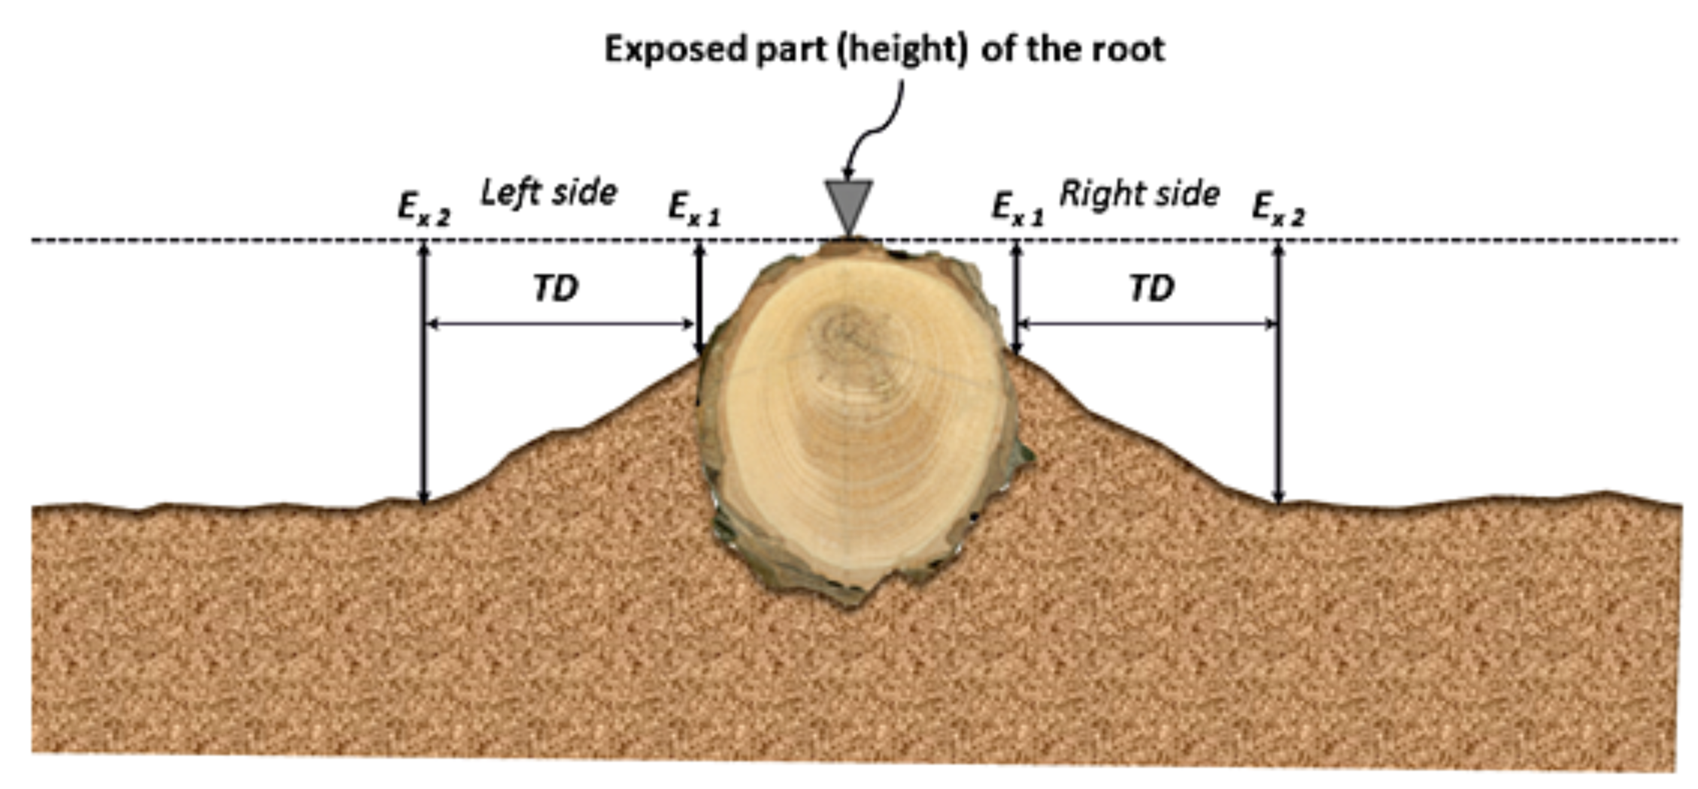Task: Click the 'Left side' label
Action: coord(549,193)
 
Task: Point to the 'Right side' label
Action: coord(1139,194)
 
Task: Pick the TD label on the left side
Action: coord(556,289)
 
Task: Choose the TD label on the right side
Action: coord(1151,289)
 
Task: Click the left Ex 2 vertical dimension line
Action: coord(424,376)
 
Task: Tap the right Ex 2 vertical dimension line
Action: coord(1278,376)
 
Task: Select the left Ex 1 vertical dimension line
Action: coord(699,301)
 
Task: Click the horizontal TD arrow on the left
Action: coord(560,325)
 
